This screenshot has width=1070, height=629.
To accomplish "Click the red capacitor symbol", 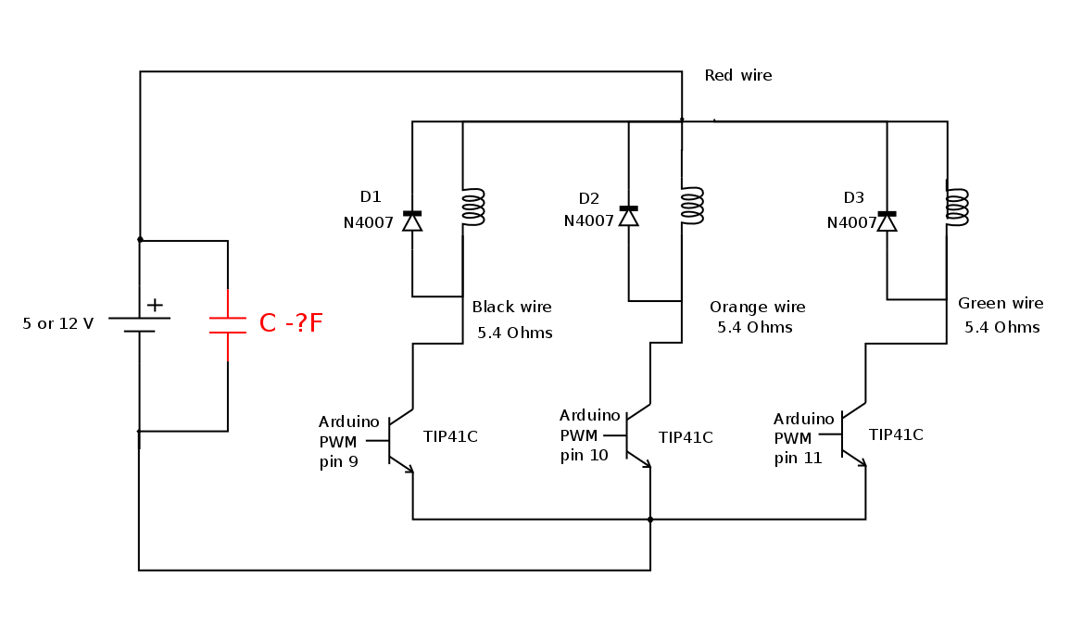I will [x=227, y=324].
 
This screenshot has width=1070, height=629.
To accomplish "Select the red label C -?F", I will [x=291, y=323].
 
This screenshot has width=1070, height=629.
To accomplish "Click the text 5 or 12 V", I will [x=58, y=324].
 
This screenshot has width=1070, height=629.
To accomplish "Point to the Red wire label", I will [x=737, y=76].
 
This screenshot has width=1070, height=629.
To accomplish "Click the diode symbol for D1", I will [x=412, y=220].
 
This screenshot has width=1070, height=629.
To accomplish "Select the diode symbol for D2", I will [x=629, y=216].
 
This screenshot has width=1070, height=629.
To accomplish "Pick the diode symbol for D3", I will [x=887, y=220].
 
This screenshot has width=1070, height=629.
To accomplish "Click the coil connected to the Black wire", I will [x=473, y=207].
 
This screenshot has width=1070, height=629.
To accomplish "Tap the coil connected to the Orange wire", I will [x=692, y=205].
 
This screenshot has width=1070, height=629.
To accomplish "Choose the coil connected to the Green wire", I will [x=957, y=207].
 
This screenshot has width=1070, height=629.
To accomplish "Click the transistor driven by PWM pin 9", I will [x=399, y=441].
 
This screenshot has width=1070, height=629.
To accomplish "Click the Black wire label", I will [x=511, y=308].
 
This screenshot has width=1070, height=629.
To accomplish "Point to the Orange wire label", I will [x=757, y=308].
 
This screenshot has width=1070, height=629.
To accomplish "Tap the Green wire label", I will [x=1001, y=304].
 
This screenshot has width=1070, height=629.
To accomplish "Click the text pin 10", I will [x=584, y=455].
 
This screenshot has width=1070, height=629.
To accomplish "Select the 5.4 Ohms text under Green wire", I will [x=1001, y=328].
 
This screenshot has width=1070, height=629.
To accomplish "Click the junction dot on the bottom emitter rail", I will [x=650, y=520].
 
